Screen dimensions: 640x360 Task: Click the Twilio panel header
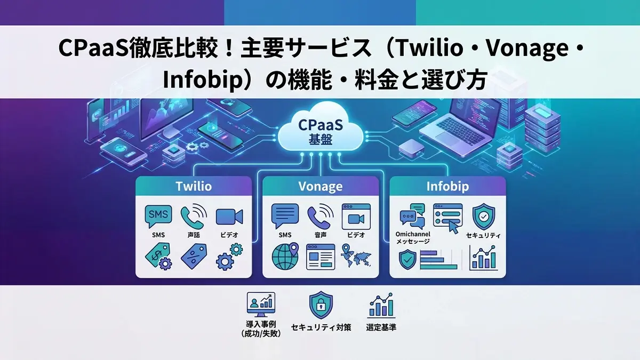coord(194,186)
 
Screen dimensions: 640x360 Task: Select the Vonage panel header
coord(321,186)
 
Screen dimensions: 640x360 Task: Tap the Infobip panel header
coord(447,186)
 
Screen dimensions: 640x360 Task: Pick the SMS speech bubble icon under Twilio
coord(158,217)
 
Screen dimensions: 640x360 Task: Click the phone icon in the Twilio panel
coord(194,216)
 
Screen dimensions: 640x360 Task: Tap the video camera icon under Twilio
coord(229,217)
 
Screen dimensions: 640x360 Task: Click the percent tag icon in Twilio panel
coord(194,256)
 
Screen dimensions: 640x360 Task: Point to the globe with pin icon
coord(285,257)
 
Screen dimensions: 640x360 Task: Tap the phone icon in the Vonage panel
coord(321,216)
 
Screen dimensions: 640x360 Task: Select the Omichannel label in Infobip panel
coord(413,234)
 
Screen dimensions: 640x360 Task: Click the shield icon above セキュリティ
coord(484,217)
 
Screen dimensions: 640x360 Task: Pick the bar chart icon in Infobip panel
coord(483,258)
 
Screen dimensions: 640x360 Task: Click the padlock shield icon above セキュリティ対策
coord(321,305)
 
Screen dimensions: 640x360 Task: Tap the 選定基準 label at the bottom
coord(381,327)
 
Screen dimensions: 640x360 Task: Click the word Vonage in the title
coord(527,47)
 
